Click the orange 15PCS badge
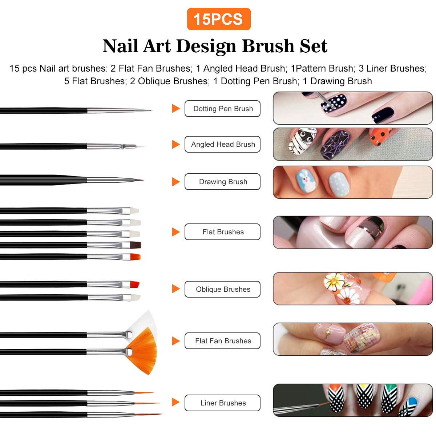(218, 19)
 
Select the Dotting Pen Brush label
(222, 109)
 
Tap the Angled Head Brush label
(222, 144)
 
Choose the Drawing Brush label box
(222, 182)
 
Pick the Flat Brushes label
(222, 232)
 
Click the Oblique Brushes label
(222, 289)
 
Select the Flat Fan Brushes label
(222, 341)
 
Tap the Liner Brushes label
(222, 403)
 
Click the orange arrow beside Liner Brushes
(176, 402)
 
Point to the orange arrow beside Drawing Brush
(176, 182)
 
